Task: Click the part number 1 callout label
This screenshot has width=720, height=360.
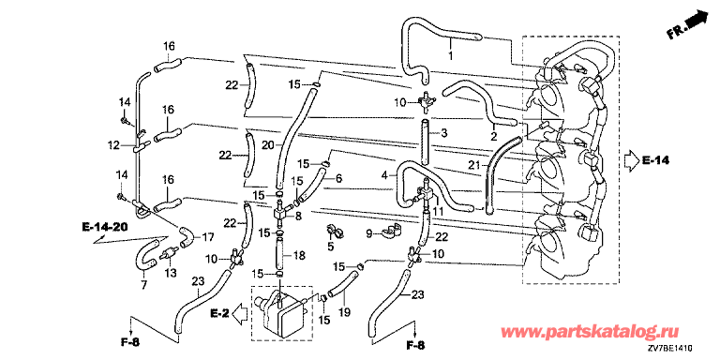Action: [450, 56]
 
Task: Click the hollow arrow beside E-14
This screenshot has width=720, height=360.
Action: [631, 160]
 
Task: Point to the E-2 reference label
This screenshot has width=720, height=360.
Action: [219, 314]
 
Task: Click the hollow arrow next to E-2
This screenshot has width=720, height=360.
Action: [241, 314]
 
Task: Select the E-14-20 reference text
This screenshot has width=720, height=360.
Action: [105, 226]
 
